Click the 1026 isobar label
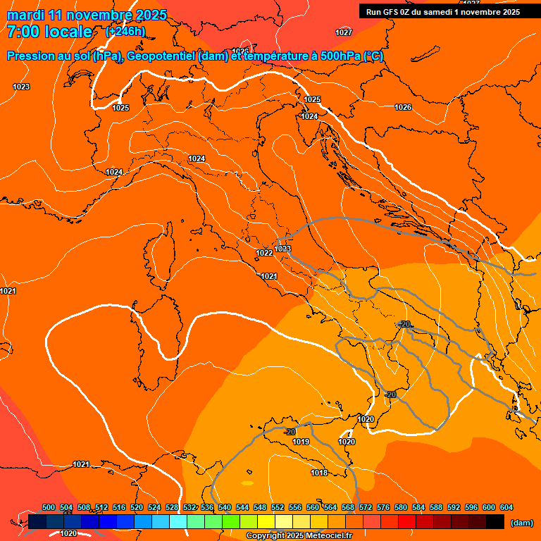(x=403, y=107)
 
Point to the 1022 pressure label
(x=264, y=253)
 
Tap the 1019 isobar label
(x=301, y=442)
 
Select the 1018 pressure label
(x=319, y=473)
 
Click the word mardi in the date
(x=25, y=15)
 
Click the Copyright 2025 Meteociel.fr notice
(x=299, y=536)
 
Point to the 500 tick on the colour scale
(x=49, y=507)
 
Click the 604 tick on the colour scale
(x=506, y=507)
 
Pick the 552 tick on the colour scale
(x=277, y=507)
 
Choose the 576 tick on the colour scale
(x=383, y=507)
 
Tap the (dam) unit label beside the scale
(x=521, y=523)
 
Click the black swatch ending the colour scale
(x=495, y=522)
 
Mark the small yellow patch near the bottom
(x=247, y=483)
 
